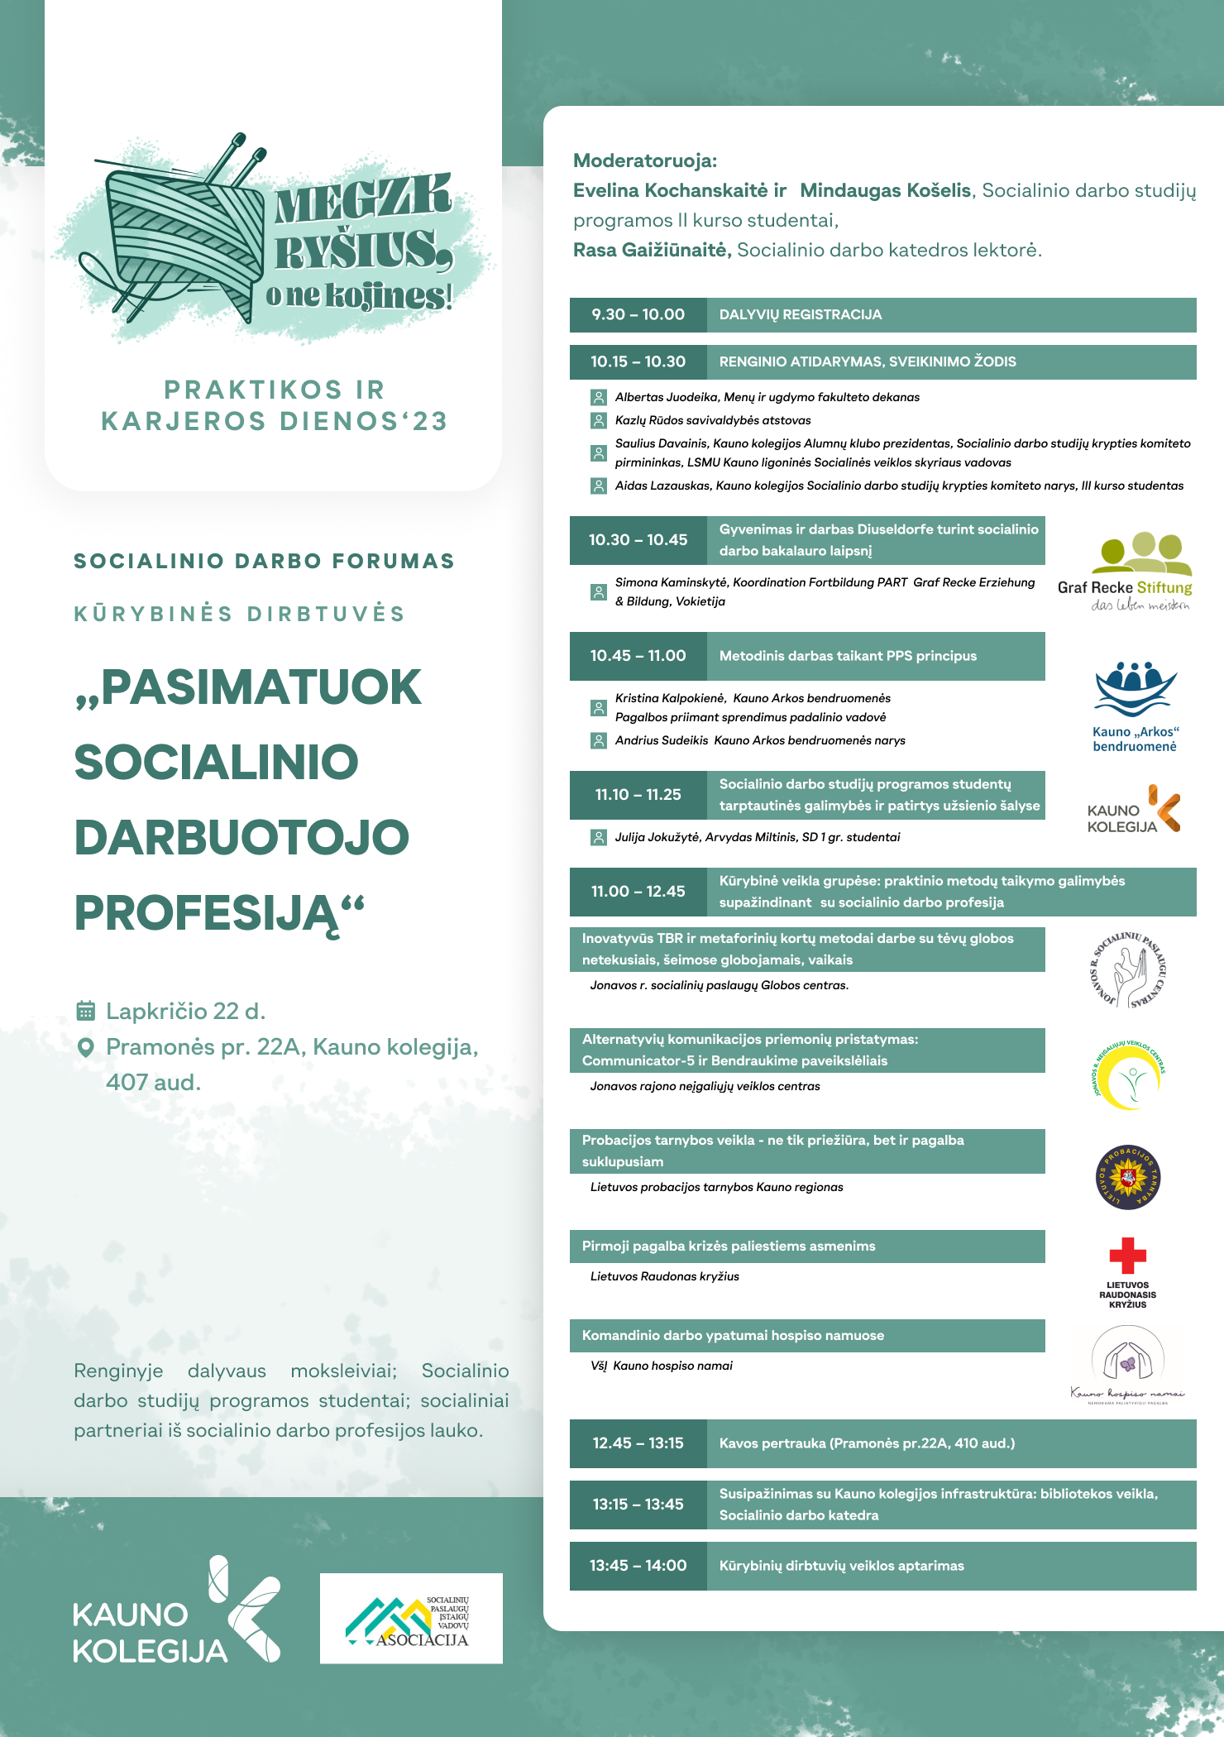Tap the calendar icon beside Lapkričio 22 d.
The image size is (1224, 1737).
[85, 1011]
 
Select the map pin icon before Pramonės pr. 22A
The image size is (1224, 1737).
[85, 1048]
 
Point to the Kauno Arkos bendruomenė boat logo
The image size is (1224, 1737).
[1135, 691]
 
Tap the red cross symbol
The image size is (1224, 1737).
[1127, 1256]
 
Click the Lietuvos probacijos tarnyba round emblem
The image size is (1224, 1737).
[1128, 1177]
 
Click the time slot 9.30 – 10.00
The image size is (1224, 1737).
[638, 315]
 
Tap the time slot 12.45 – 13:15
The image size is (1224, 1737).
[638, 1443]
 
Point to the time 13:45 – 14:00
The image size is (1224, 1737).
[638, 1566]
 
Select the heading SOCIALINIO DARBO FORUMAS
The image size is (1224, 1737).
[265, 562]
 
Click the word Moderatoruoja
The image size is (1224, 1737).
[645, 160]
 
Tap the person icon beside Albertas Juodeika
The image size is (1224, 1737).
[598, 398]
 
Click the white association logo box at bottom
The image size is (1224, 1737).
[411, 1618]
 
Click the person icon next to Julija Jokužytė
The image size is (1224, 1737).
[598, 838]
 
